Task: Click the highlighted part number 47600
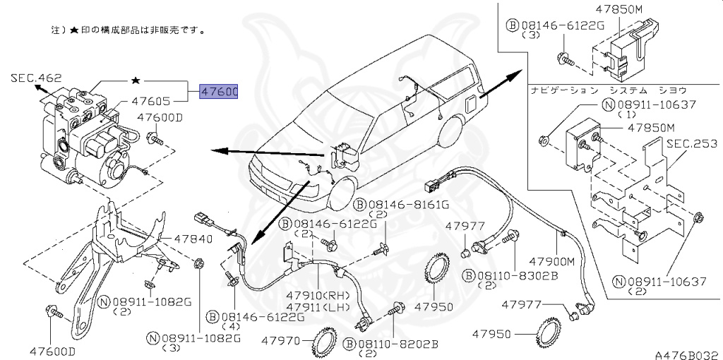click(x=219, y=92)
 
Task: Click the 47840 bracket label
click(x=192, y=239)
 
